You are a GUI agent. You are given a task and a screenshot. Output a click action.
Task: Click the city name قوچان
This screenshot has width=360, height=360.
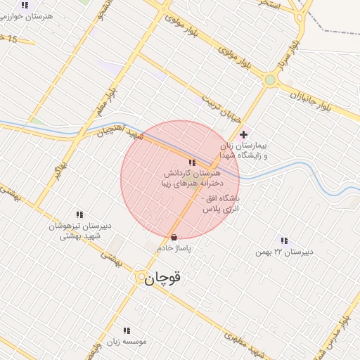pyautogui.click(x=163, y=279)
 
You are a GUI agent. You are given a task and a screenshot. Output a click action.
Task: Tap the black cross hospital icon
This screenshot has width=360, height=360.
pyautogui.click(x=244, y=134)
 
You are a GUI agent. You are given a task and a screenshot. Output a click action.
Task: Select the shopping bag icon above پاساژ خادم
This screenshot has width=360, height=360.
pyautogui.click(x=174, y=237)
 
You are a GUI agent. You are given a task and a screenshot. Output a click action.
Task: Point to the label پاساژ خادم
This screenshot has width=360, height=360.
pyautogui.click(x=174, y=248)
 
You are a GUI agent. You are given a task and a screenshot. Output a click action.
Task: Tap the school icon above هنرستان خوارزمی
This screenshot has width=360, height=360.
pyautogui.click(x=25, y=5)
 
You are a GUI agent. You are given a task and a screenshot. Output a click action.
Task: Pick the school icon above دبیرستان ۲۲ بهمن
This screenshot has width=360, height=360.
pyautogui.click(x=284, y=240)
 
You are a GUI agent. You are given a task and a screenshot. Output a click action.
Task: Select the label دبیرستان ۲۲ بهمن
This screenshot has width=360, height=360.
pyautogui.click(x=292, y=252)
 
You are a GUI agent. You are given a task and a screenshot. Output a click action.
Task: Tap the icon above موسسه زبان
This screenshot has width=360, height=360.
pyautogui.click(x=127, y=330)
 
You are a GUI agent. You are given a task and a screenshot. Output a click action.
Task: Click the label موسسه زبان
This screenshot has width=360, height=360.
pyautogui.click(x=127, y=341)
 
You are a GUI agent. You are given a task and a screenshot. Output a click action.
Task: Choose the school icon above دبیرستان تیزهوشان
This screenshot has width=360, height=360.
pyautogui.click(x=79, y=214)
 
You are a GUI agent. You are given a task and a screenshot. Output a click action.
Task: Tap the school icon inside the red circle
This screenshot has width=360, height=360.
pyautogui.click(x=192, y=162)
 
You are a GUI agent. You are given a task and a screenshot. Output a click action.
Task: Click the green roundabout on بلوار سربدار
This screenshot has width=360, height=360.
pyautogui.click(x=270, y=80)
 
